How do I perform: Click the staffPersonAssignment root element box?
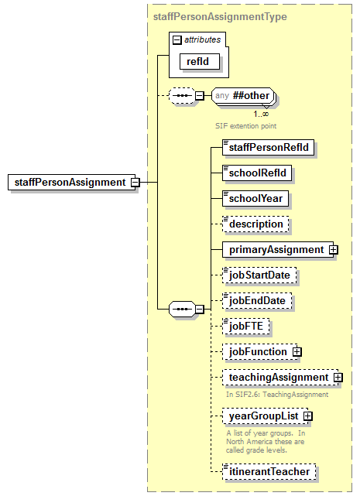pyautogui.click(x=69, y=183)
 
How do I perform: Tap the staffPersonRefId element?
pyautogui.click(x=268, y=147)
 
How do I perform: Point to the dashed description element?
pyautogui.click(x=255, y=224)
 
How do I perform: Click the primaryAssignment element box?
pyautogui.click(x=275, y=249)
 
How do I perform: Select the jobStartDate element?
pyautogui.click(x=260, y=275)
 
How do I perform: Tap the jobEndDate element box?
pyautogui.click(x=259, y=300)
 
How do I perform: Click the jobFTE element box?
pyautogui.click(x=245, y=326)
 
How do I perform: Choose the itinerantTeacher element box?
pyautogui.click(x=269, y=470)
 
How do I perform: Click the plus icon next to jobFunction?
pyautogui.click(x=297, y=352)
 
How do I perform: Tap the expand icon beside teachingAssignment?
pyautogui.click(x=338, y=378)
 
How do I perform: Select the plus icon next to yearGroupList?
pyautogui.click(x=308, y=417)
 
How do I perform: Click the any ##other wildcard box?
pyautogui.click(x=243, y=97)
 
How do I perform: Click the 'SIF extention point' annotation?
pyautogui.click(x=245, y=124)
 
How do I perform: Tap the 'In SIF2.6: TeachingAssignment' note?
pyautogui.click(x=277, y=394)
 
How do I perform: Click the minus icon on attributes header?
pyautogui.click(x=177, y=39)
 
